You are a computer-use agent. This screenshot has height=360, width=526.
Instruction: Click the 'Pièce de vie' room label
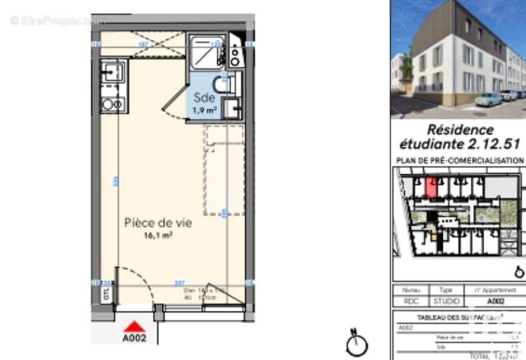(158, 223)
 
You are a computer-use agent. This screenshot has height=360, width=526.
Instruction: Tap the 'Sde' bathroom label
(204, 98)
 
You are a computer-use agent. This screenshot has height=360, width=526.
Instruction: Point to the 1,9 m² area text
(204, 110)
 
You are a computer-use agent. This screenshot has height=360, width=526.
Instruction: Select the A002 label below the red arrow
(135, 339)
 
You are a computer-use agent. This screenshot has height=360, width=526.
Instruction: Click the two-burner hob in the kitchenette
(113, 104)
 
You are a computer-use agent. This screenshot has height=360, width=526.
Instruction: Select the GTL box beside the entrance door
(106, 294)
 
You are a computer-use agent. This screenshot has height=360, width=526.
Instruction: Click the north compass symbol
(357, 344)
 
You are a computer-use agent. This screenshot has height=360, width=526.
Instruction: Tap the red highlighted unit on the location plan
(431, 188)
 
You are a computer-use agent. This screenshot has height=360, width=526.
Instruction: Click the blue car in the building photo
(488, 100)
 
